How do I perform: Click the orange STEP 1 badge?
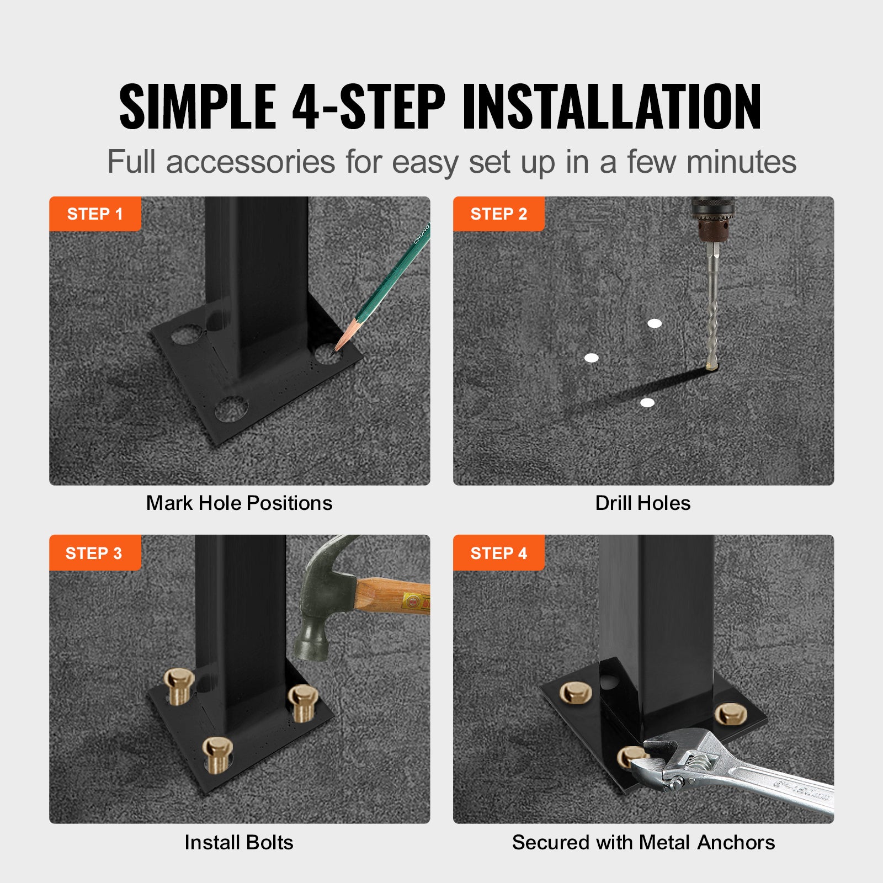pos(95,214)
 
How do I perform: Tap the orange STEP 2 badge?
pos(498,214)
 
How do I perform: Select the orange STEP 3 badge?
pos(94,552)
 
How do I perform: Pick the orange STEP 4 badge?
pos(498,552)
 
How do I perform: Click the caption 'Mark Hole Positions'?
pos(239,503)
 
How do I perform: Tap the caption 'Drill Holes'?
pos(642,503)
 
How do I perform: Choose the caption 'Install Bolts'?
pos(239,842)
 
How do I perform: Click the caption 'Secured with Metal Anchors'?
pos(643,842)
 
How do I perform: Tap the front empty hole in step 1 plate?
pos(231,409)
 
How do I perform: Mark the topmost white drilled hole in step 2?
pos(655,323)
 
